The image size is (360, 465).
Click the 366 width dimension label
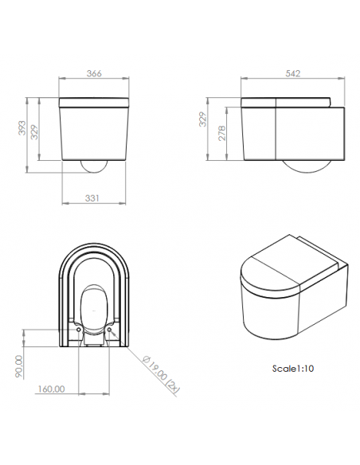coord(94,73)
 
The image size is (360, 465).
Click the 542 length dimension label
coord(292,73)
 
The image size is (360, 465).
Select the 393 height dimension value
coord(22,128)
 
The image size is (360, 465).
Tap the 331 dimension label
coord(92,198)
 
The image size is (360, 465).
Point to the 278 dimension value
coord(221,133)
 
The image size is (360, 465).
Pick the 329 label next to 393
coord(35,132)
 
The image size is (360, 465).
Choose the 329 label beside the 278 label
coord(202,119)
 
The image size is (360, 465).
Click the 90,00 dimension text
coord(18,366)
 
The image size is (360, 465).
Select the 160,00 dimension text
coord(51,389)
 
